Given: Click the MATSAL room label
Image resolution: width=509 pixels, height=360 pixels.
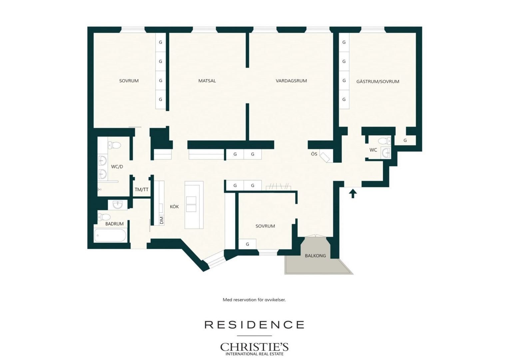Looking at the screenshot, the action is click(x=207, y=81).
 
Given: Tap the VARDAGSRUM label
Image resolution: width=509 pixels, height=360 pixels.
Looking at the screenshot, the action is click(x=291, y=81).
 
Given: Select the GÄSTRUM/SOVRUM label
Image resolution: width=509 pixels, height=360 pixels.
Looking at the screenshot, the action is click(x=378, y=81).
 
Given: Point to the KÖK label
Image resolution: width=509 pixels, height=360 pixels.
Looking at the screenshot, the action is click(x=174, y=206).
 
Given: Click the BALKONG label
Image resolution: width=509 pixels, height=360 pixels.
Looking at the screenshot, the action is click(x=315, y=256).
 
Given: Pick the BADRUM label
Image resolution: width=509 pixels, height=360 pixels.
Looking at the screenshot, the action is click(x=115, y=224).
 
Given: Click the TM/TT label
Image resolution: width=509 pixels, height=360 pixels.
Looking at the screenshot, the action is click(x=142, y=189).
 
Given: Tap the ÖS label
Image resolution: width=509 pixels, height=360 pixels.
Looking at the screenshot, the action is click(x=314, y=154).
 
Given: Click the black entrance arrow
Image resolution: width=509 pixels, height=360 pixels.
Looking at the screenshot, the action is click(x=353, y=194).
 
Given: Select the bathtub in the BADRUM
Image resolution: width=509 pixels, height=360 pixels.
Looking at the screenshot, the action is click(x=110, y=235).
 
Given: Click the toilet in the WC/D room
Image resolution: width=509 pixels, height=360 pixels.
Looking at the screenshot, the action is click(x=115, y=145).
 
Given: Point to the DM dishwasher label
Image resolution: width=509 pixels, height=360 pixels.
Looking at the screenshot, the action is click(x=162, y=220).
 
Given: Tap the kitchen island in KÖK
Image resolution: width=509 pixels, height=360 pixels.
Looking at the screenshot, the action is click(x=194, y=205).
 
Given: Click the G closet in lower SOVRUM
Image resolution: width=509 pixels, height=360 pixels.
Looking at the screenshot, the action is click(x=247, y=244).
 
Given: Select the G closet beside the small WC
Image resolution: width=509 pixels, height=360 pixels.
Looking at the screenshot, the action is click(x=405, y=140).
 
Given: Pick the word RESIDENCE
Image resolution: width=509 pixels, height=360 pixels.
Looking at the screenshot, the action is click(x=254, y=325).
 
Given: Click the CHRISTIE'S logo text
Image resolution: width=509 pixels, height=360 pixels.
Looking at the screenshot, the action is click(x=254, y=347).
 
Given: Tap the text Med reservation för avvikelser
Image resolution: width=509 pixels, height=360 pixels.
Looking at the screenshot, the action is click(x=254, y=300).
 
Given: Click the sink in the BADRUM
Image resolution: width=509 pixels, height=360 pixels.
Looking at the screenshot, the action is click(x=118, y=205).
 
